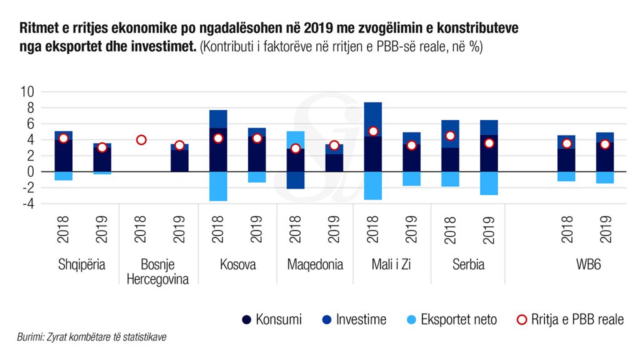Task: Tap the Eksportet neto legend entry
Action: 451,320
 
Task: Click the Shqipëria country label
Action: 82,264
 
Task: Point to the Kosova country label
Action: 237,264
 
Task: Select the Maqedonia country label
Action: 315,264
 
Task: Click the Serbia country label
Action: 469,264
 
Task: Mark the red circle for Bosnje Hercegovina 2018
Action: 141,140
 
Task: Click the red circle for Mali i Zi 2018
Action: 373,131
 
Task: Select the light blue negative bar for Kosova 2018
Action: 218,186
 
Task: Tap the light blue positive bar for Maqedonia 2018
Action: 296,139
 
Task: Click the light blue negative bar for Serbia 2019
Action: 489,183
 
